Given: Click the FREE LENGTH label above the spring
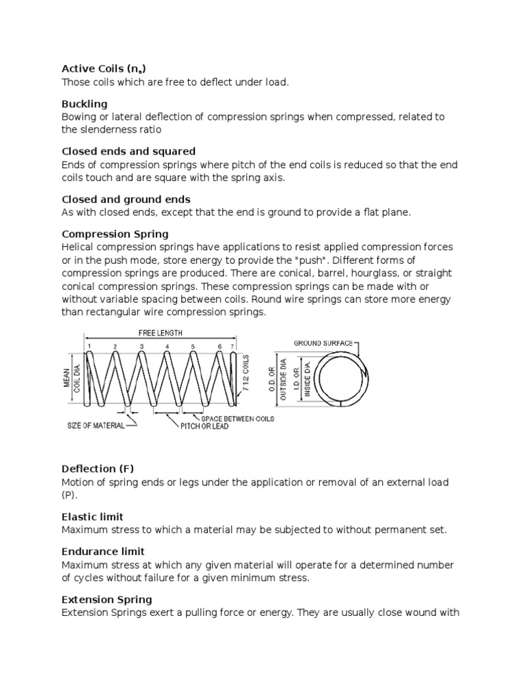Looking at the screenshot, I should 161,332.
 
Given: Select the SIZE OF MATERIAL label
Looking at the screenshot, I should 96,425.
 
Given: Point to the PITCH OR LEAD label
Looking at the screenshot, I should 204,426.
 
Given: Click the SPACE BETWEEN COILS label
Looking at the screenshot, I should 237,418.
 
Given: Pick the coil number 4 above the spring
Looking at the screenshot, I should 167,347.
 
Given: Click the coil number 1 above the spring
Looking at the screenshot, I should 90,347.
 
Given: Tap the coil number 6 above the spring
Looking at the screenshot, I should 220,347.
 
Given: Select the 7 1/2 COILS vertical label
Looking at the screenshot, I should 247,375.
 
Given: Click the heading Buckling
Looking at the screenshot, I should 84,104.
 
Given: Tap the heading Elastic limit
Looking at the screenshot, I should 92,517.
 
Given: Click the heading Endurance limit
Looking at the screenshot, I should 103,551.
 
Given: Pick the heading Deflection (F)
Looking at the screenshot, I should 98,469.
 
